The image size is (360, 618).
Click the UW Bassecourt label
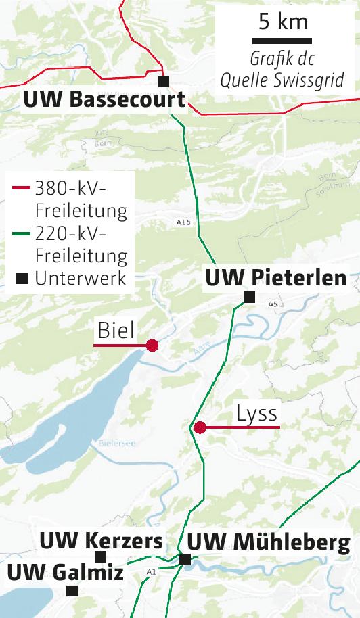[x=104, y=100]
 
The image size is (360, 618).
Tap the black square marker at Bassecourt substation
[x=163, y=81]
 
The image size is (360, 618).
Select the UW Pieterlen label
[x=275, y=277]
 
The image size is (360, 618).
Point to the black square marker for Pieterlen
[x=249, y=297]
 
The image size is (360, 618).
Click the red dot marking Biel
[x=152, y=346]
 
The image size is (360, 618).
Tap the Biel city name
[x=116, y=330]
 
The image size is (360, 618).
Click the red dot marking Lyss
[x=200, y=427]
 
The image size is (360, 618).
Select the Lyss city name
[x=257, y=413]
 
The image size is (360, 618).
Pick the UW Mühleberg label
[x=268, y=542]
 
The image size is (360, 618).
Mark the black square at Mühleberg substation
[x=185, y=559]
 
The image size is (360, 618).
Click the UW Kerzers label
[x=101, y=541]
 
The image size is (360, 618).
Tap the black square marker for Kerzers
[x=101, y=556]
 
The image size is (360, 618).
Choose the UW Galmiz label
[x=65, y=573]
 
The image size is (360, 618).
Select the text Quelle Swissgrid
[x=283, y=80]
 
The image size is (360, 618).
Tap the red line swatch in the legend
[x=21, y=187]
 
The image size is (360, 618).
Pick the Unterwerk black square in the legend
[x=22, y=279]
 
